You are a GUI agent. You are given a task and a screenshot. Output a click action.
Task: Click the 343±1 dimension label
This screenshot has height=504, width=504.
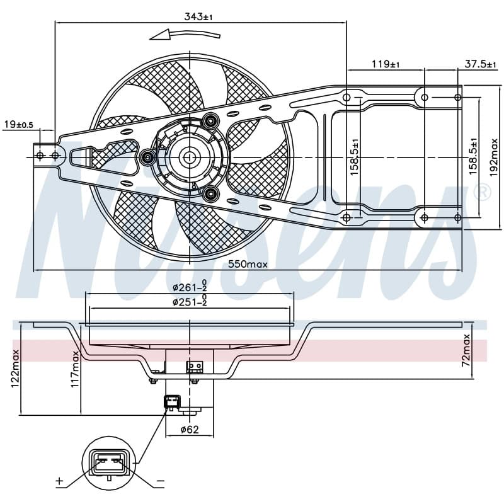pos(198,17)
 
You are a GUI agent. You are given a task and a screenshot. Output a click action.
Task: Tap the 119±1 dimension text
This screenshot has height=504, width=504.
pos(386,64)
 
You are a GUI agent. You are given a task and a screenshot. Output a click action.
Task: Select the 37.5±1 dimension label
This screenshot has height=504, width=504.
pos(480,64)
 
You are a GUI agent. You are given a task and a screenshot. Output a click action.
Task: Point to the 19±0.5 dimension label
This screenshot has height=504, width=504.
pos(19,124)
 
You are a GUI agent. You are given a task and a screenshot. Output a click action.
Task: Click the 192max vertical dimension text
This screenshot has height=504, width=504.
pos(493,157)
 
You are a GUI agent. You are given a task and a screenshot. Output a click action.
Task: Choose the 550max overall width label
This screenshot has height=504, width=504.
pos(248,264)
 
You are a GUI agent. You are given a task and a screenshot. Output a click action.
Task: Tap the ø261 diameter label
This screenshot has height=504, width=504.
pos(190,287)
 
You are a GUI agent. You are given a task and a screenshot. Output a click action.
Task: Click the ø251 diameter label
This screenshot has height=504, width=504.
pos(190,302)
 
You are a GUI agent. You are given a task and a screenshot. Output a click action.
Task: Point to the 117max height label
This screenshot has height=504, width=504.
pos(75,369)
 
